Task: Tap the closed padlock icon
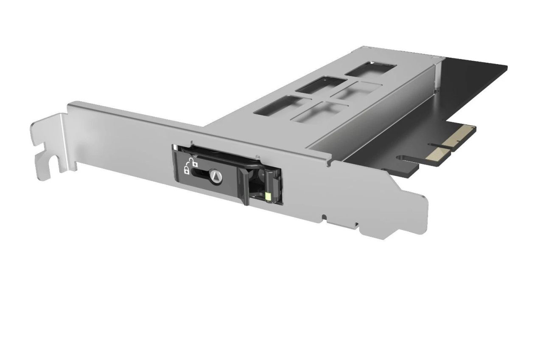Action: pyautogui.click(x=186, y=171)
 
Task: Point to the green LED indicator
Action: pyautogui.click(x=269, y=196)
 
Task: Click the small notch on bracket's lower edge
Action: pyautogui.click(x=325, y=218)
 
